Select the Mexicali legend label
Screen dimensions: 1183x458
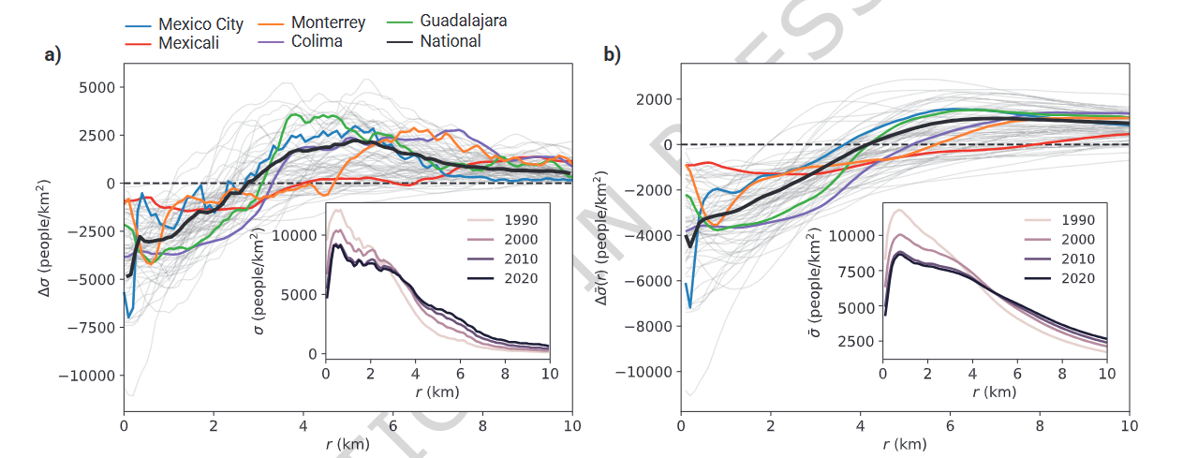[188, 43]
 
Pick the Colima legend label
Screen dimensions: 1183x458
[317, 41]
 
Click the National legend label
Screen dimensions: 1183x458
[450, 41]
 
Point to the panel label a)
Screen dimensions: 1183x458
[52, 55]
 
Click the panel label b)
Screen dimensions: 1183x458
[612, 55]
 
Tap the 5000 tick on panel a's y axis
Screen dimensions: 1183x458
[96, 87]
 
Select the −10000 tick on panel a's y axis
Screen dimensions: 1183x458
[86, 377]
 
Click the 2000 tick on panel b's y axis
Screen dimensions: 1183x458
[654, 99]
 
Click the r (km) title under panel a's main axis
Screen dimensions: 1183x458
[348, 444]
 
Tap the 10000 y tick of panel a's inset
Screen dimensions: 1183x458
[294, 236]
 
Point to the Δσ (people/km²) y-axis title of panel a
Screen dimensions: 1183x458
[44, 238]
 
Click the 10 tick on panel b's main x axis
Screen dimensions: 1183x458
[1129, 426]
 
